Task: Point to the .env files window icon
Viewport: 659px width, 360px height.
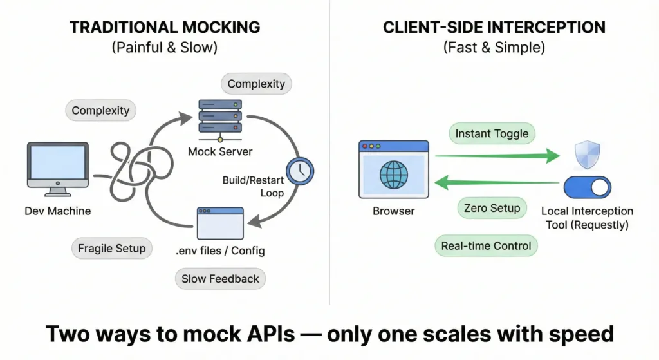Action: [220, 223]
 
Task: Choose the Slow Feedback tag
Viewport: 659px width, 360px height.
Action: [220, 279]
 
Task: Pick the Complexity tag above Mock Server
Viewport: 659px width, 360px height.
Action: [256, 84]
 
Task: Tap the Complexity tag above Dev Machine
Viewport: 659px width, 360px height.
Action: [100, 111]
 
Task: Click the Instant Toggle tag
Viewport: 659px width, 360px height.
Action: [492, 134]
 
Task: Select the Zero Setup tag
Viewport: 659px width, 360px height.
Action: [492, 208]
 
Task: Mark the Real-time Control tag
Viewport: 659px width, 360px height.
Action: [486, 246]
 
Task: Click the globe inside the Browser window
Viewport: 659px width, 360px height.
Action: [393, 175]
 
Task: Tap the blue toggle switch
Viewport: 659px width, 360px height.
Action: [587, 187]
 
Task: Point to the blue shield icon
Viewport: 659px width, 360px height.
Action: [588, 155]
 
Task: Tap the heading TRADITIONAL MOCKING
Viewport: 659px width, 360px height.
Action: [165, 28]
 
